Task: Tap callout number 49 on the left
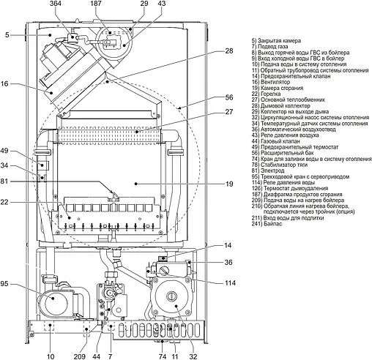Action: [x=6, y=151]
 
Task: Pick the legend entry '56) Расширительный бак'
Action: [x=281, y=150]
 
